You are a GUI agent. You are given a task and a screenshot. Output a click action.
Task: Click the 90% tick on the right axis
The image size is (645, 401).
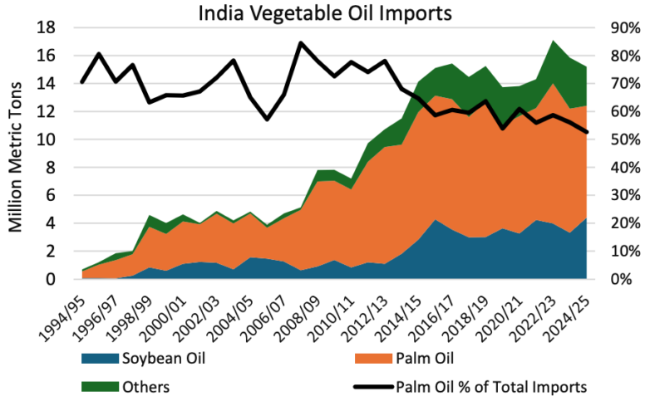(x=615, y=27)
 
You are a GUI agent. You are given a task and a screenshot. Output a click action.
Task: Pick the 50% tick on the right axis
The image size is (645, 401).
(x=615, y=139)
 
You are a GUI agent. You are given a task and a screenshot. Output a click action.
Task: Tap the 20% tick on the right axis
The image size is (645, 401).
(x=615, y=223)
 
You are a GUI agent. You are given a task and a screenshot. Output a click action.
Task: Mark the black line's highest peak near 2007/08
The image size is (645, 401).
(x=301, y=43)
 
